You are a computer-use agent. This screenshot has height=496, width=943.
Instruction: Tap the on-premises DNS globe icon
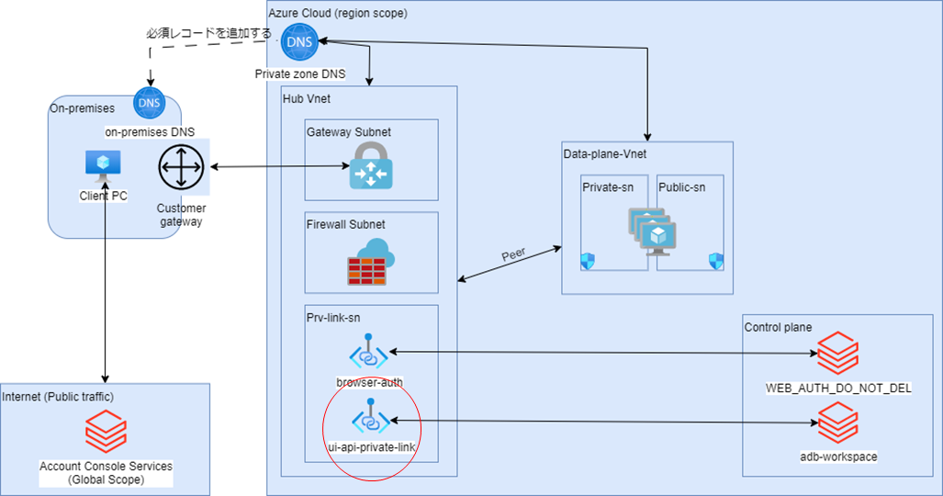point(149,103)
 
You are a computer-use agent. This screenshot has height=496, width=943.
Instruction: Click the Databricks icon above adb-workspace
point(837,423)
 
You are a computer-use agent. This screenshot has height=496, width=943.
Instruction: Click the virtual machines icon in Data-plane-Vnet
point(652,230)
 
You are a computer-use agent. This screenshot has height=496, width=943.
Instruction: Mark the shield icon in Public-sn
point(716,262)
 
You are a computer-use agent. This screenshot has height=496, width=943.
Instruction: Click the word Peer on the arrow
point(515,254)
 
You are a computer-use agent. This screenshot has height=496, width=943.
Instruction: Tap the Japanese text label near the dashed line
point(209,33)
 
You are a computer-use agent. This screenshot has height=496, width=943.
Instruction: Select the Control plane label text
point(778,326)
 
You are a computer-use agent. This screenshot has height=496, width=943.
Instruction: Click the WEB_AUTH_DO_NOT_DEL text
point(837,388)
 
